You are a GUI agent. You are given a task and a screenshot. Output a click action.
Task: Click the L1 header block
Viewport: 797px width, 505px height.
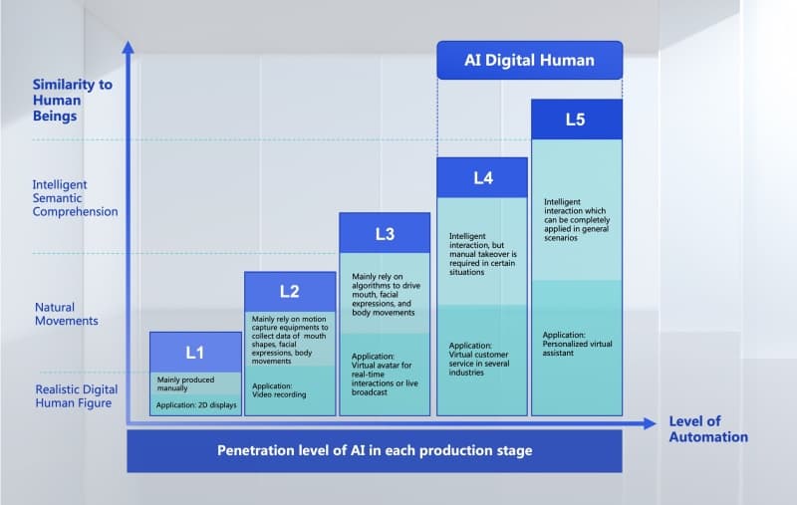pos(195,352)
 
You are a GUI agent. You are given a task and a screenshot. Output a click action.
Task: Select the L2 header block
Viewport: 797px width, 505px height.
pos(290,292)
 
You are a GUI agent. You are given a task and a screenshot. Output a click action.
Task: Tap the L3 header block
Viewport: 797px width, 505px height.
pos(385,233)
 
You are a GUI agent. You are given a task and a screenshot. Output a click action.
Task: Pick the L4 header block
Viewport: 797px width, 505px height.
pos(482,178)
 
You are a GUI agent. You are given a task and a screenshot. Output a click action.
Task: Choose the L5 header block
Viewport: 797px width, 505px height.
pos(577,120)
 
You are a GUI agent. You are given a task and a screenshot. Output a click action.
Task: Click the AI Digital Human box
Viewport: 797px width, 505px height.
pos(530,61)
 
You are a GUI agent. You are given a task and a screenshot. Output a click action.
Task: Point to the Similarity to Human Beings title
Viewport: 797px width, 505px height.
pos(72,100)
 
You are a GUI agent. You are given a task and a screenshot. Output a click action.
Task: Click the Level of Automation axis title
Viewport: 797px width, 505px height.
pos(708,429)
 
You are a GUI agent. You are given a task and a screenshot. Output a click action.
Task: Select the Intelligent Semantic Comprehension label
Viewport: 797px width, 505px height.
pos(75,198)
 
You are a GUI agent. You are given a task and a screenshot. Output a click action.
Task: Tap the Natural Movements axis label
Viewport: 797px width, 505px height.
pos(66,314)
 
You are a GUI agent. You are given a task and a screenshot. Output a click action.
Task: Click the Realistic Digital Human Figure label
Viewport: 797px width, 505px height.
pos(77,396)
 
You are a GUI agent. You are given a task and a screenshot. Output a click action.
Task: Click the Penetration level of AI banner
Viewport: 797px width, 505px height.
pos(375,451)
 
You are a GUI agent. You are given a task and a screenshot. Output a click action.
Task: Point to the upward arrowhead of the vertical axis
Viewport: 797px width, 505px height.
pos(129,47)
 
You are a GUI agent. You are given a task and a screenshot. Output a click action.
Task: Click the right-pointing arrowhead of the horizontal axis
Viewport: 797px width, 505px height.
pos(651,423)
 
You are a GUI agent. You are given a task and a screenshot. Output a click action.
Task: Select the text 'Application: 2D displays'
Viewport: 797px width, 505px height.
pos(196,405)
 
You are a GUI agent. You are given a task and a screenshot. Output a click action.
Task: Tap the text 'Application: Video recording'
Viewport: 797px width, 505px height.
pos(279,390)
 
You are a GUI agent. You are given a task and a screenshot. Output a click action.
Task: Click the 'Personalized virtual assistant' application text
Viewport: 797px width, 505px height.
pos(577,344)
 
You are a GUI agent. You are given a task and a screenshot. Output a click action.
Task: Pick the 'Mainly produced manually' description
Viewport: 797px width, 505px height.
pos(185,383)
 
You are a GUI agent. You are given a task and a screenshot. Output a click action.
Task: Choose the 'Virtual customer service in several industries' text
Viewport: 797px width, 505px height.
pos(478,359)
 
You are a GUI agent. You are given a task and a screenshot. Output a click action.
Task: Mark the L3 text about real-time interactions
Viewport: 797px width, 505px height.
pos(385,374)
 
